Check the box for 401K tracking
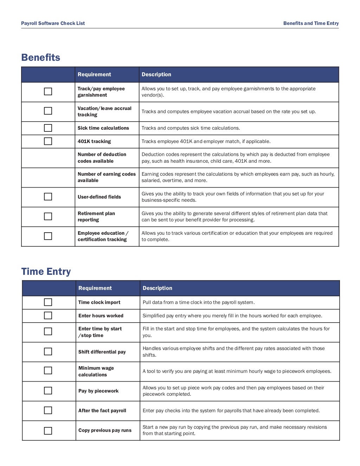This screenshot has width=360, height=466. coord(48,141)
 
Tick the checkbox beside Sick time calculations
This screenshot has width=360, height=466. coord(48,128)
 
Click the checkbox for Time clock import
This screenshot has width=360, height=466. coord(48,302)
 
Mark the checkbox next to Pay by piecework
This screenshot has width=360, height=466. coord(48,391)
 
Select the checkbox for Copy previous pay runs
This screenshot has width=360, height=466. coord(48,431)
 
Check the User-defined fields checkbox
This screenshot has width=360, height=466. coord(48,197)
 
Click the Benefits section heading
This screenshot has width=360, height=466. coord(41,58)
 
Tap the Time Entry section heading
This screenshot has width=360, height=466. coord(46,272)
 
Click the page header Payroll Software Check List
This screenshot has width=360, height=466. coord(53,24)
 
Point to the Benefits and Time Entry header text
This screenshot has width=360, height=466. coord(311,24)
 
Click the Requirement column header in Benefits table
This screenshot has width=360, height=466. coord(94,75)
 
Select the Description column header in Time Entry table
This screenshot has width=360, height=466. coord(157,288)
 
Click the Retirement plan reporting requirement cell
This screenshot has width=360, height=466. coord(96,216)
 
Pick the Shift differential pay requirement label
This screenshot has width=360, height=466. coord(102,352)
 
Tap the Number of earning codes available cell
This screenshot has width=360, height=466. coord(107,177)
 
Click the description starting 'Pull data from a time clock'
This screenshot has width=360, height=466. coord(199,302)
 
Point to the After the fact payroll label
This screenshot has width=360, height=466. coord(102,410)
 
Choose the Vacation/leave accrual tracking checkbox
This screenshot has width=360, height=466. coord(48,111)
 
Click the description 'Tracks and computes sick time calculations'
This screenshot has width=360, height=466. coord(191,128)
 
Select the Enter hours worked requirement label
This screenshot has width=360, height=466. coord(101,316)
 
